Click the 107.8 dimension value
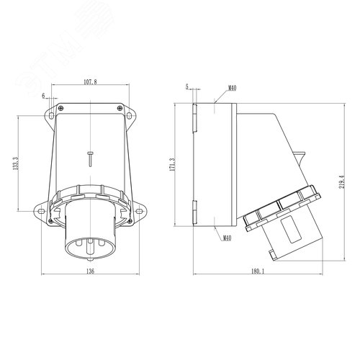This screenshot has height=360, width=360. (x=90, y=82)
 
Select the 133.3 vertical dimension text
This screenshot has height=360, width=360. (x=16, y=163)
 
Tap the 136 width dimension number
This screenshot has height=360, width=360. (x=90, y=271)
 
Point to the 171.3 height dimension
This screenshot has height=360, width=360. (x=172, y=164)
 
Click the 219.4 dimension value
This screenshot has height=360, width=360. (x=342, y=181)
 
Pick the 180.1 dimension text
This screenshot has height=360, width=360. (x=258, y=271)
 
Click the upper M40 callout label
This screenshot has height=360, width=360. (x=232, y=89)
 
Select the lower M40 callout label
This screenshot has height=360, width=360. (x=227, y=238)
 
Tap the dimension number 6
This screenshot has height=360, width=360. (x=43, y=96)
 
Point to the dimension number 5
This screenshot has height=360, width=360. (x=187, y=86)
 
